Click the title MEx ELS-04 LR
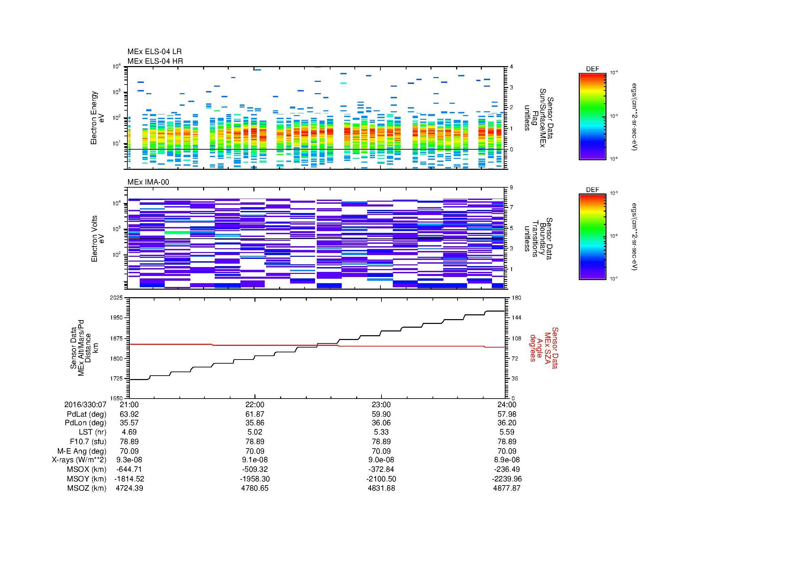click(154, 52)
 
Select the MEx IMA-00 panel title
click(148, 182)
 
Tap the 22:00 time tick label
click(255, 405)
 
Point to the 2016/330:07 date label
click(85, 405)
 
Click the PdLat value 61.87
click(255, 414)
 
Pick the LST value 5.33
click(381, 432)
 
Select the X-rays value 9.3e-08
click(129, 460)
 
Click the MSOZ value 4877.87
click(507, 488)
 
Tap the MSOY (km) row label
click(87, 479)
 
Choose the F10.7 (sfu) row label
click(88, 441)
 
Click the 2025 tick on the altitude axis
click(116, 298)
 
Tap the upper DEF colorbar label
click(592, 69)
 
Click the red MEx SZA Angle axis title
click(544, 348)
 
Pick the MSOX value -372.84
click(381, 469)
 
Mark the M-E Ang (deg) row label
click(82, 451)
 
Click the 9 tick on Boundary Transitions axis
click(511, 188)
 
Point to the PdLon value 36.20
click(507, 423)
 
